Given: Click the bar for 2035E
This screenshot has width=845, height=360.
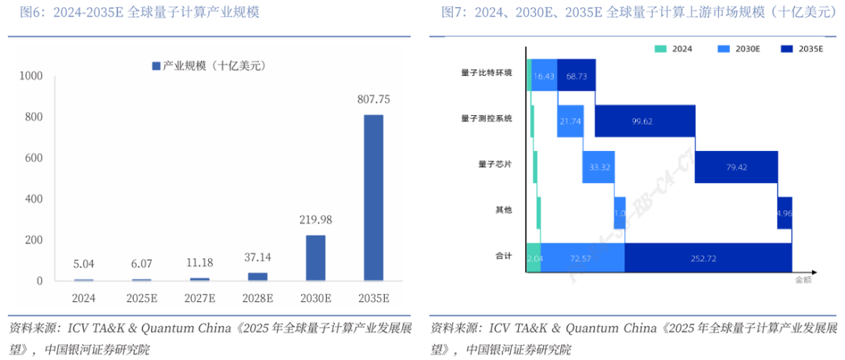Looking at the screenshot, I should click(373, 197).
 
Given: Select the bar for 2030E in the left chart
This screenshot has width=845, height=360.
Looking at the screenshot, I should click(315, 257).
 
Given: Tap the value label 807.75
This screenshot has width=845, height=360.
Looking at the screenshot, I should click(373, 99).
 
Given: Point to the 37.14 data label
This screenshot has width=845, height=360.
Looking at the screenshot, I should click(257, 257).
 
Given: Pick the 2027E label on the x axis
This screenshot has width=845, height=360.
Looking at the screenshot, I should click(200, 298).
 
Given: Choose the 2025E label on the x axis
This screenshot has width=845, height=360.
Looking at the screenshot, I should click(142, 298).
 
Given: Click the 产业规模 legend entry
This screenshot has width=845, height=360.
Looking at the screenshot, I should click(209, 67).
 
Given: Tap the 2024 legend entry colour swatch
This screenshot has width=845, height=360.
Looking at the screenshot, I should click(661, 49).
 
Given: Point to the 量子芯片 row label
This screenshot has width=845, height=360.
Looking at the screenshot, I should click(494, 164).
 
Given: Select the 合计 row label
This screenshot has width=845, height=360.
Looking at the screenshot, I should click(503, 256).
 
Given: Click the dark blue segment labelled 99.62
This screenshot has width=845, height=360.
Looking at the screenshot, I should click(645, 121).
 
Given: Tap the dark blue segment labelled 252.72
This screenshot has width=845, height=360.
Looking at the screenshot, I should click(708, 257).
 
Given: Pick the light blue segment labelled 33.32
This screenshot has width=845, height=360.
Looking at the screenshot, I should click(600, 167).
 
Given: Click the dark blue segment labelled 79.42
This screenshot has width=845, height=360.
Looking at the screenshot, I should click(736, 167).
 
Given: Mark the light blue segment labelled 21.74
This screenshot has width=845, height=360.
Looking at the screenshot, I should click(570, 121).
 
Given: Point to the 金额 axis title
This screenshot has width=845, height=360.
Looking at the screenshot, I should click(804, 279).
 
